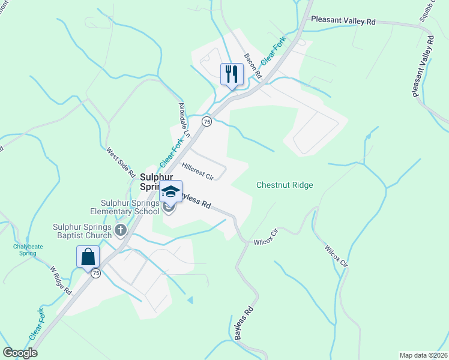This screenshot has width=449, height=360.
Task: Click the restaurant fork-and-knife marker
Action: tap(232, 75)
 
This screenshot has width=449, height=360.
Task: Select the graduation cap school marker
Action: tap(170, 193)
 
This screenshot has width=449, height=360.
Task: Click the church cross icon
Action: tap(121, 230)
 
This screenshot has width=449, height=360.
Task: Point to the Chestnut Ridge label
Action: tap(285, 185)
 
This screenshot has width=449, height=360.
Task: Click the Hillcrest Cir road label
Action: tap(197, 170)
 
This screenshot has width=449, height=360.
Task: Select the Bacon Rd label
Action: tap(253, 67)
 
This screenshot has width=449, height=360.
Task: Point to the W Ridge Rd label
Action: tap(61, 280)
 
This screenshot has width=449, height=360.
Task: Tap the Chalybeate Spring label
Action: tap(25, 249)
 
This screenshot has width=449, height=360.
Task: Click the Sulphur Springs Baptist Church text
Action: tap(81, 231)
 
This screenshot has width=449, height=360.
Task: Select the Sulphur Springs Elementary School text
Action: tap(124, 207)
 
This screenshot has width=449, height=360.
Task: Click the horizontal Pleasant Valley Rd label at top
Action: tap(343, 20)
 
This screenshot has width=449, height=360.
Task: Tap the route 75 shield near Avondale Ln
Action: tap(206, 121)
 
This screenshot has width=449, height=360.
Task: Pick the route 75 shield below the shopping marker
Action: tap(95, 273)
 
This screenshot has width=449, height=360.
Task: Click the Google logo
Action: tap(20, 353)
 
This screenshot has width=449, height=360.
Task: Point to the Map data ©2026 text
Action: tap(423, 355)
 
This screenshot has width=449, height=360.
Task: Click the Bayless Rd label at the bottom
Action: tap(244, 324)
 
